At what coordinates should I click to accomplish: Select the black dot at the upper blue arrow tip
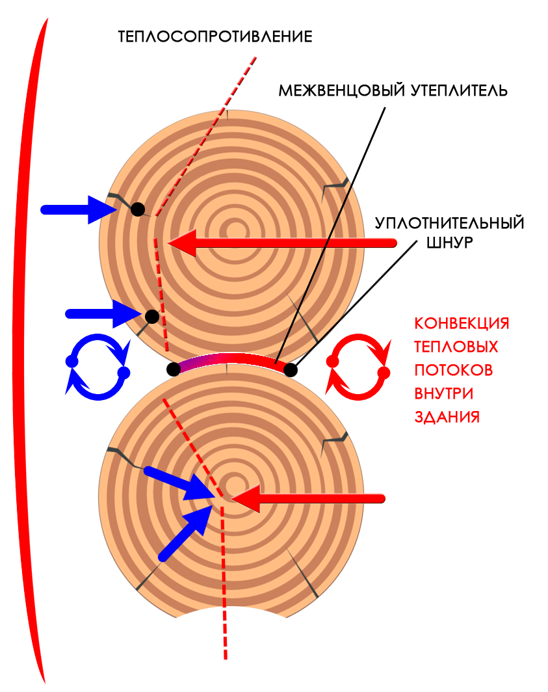[x=137, y=209]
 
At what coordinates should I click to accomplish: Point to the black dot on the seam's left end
[x=174, y=369]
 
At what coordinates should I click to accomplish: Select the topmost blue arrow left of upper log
[x=75, y=209]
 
